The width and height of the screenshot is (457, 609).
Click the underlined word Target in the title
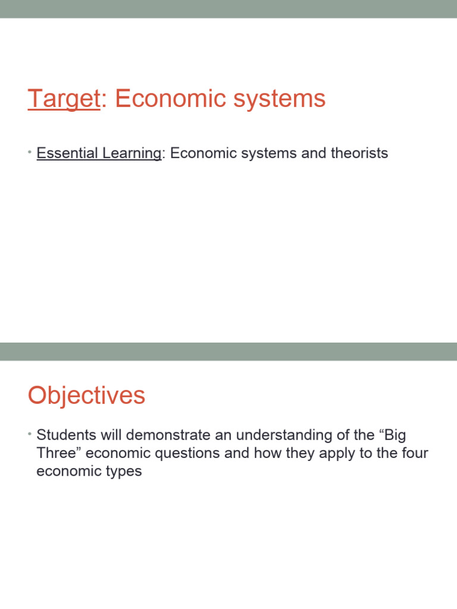63,99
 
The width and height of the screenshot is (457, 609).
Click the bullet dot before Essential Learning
29,153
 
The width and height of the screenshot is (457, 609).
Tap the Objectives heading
86,395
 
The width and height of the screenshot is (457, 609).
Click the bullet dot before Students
29,435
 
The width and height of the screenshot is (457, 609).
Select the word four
414,454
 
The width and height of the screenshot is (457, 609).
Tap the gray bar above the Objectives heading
228,351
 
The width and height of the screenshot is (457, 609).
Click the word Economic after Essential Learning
202,153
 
